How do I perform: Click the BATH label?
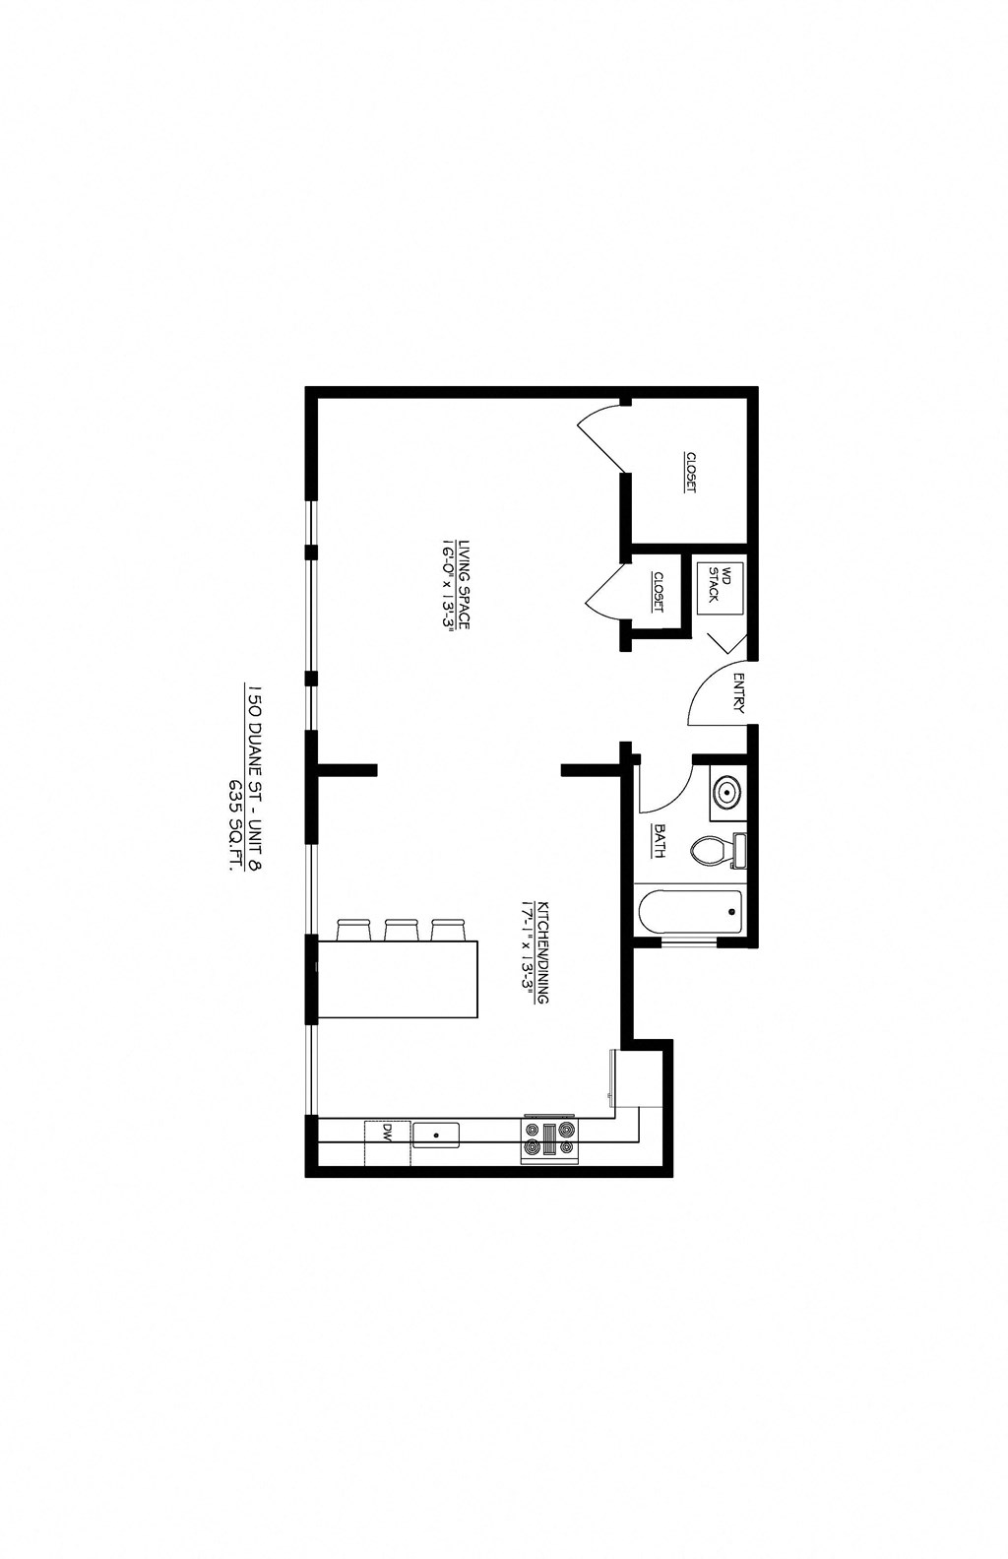tap(659, 840)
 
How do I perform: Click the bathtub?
tap(690, 912)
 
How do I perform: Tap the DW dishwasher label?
tap(388, 1133)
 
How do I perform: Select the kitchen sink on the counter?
tap(435, 1134)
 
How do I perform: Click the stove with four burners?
tap(549, 1138)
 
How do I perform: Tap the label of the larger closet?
tap(691, 473)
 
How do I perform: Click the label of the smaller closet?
tap(658, 592)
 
